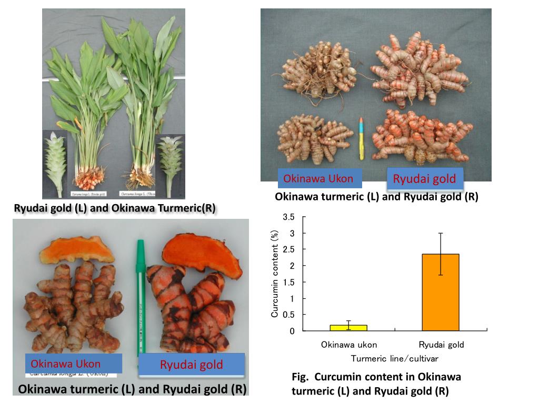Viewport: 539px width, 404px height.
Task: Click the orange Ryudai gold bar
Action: coord(441,292)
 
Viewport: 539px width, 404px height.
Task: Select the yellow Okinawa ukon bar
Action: coord(348,328)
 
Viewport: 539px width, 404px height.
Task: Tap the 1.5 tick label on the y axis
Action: coord(288,282)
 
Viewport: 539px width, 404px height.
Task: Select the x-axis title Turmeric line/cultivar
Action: coord(395,358)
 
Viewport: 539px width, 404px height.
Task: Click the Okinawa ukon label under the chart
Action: coord(349,345)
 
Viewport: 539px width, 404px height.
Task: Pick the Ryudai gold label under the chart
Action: coord(441,345)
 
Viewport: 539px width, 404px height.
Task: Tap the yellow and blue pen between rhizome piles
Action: coord(361,138)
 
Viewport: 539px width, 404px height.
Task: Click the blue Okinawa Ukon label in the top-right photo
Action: coord(318,179)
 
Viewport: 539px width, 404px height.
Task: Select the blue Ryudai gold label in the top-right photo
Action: coord(424,179)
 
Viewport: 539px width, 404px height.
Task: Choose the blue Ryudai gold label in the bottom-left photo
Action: coord(192,365)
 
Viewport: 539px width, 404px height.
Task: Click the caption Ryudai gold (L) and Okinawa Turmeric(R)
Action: coord(115,208)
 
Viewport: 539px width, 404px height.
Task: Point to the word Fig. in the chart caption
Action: coord(301,377)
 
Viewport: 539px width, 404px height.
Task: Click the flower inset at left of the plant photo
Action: coord(55,160)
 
